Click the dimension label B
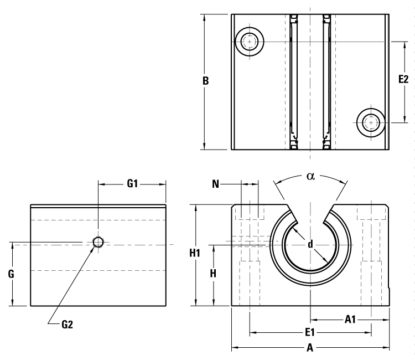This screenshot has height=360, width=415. pyautogui.click(x=205, y=81)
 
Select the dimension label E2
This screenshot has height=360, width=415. pyautogui.click(x=403, y=80)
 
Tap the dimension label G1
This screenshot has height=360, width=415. pyautogui.click(x=132, y=184)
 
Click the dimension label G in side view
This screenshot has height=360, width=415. pyautogui.click(x=11, y=274)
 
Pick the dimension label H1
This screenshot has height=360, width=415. pyautogui.click(x=194, y=254)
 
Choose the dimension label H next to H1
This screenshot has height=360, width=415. pyautogui.click(x=212, y=274)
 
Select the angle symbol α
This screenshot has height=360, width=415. pyautogui.click(x=310, y=176)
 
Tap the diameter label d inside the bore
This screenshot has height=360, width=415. pyautogui.click(x=310, y=244)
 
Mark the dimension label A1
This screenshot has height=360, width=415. pyautogui.click(x=350, y=319)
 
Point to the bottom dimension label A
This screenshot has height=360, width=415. pyautogui.click(x=310, y=348)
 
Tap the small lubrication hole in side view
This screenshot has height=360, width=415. pyautogui.click(x=98, y=242)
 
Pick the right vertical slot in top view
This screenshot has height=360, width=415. pyautogui.click(x=326, y=81)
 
